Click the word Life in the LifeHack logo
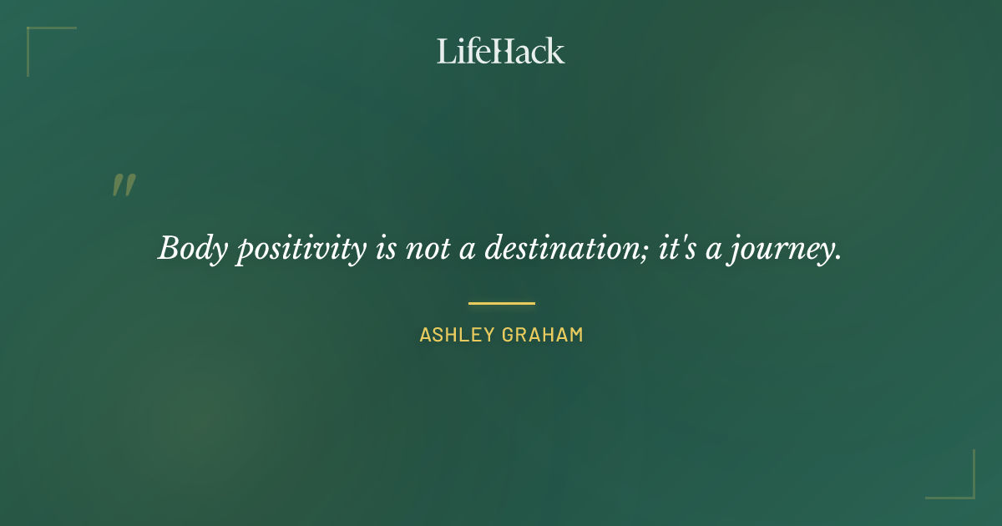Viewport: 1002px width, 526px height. point(462,51)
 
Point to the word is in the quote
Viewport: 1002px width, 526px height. point(386,248)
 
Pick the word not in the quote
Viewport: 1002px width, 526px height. point(428,248)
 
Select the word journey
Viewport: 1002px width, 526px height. point(780,250)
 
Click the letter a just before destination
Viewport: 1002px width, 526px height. point(468,250)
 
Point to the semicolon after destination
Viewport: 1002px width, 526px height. point(646,251)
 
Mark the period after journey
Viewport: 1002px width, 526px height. point(838,259)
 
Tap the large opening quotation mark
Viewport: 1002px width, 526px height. point(124,185)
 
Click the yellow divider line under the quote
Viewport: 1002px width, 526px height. point(501,303)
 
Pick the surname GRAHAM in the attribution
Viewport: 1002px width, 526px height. point(542,336)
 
